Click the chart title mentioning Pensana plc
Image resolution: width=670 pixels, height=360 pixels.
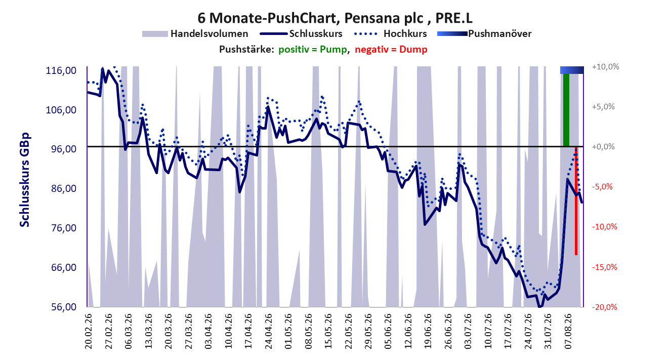[334, 18]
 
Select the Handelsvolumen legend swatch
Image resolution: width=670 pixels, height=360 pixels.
[155, 34]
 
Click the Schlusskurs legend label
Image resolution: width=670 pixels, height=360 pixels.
[316, 33]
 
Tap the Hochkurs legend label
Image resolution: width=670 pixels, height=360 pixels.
[405, 33]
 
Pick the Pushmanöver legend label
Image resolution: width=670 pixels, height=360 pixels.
[499, 33]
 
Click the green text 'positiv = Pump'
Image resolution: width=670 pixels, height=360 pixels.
[313, 50]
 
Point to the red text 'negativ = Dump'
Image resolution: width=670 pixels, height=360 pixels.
[391, 50]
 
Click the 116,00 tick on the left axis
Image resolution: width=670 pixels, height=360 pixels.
[61, 70]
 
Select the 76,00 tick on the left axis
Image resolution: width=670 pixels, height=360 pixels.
[64, 228]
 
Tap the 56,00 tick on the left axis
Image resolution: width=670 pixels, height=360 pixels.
[64, 307]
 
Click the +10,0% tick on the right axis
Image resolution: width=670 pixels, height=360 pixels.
[605, 66]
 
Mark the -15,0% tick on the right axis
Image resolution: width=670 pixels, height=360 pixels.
[605, 267]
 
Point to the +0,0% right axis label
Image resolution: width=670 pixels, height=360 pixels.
[603, 147]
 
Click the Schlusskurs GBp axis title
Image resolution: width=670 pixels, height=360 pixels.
[24, 180]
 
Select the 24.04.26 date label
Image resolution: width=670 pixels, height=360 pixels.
[268, 331]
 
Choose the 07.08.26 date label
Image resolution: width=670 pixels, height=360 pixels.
[568, 331]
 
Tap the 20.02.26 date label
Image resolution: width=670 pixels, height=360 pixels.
[88, 331]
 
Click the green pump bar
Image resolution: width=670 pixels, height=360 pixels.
[566, 110]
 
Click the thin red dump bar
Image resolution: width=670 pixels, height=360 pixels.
[576, 201]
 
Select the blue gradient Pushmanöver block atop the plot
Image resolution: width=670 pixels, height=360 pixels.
[572, 70]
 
